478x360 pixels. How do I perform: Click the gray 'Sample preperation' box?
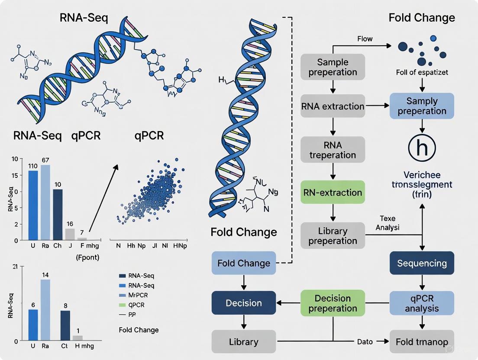click(333, 67)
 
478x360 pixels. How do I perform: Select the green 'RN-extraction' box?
click(333, 192)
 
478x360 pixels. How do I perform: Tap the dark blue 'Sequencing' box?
click(422, 263)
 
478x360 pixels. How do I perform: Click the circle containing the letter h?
click(422, 148)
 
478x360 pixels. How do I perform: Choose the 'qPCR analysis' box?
click(422, 303)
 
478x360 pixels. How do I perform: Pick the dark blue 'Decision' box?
click(243, 303)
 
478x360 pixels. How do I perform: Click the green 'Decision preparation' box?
click(333, 303)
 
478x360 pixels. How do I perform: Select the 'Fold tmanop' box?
click(422, 342)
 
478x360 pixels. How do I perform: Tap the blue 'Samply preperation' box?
click(422, 106)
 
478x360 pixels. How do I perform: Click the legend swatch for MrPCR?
click(122, 295)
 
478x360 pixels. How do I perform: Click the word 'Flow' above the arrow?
click(365, 39)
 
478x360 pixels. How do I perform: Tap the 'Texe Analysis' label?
click(388, 223)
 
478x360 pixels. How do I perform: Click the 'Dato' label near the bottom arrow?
click(365, 342)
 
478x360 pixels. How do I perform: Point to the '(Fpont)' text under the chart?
click(87, 258)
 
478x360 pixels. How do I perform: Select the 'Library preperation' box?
click(333, 236)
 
